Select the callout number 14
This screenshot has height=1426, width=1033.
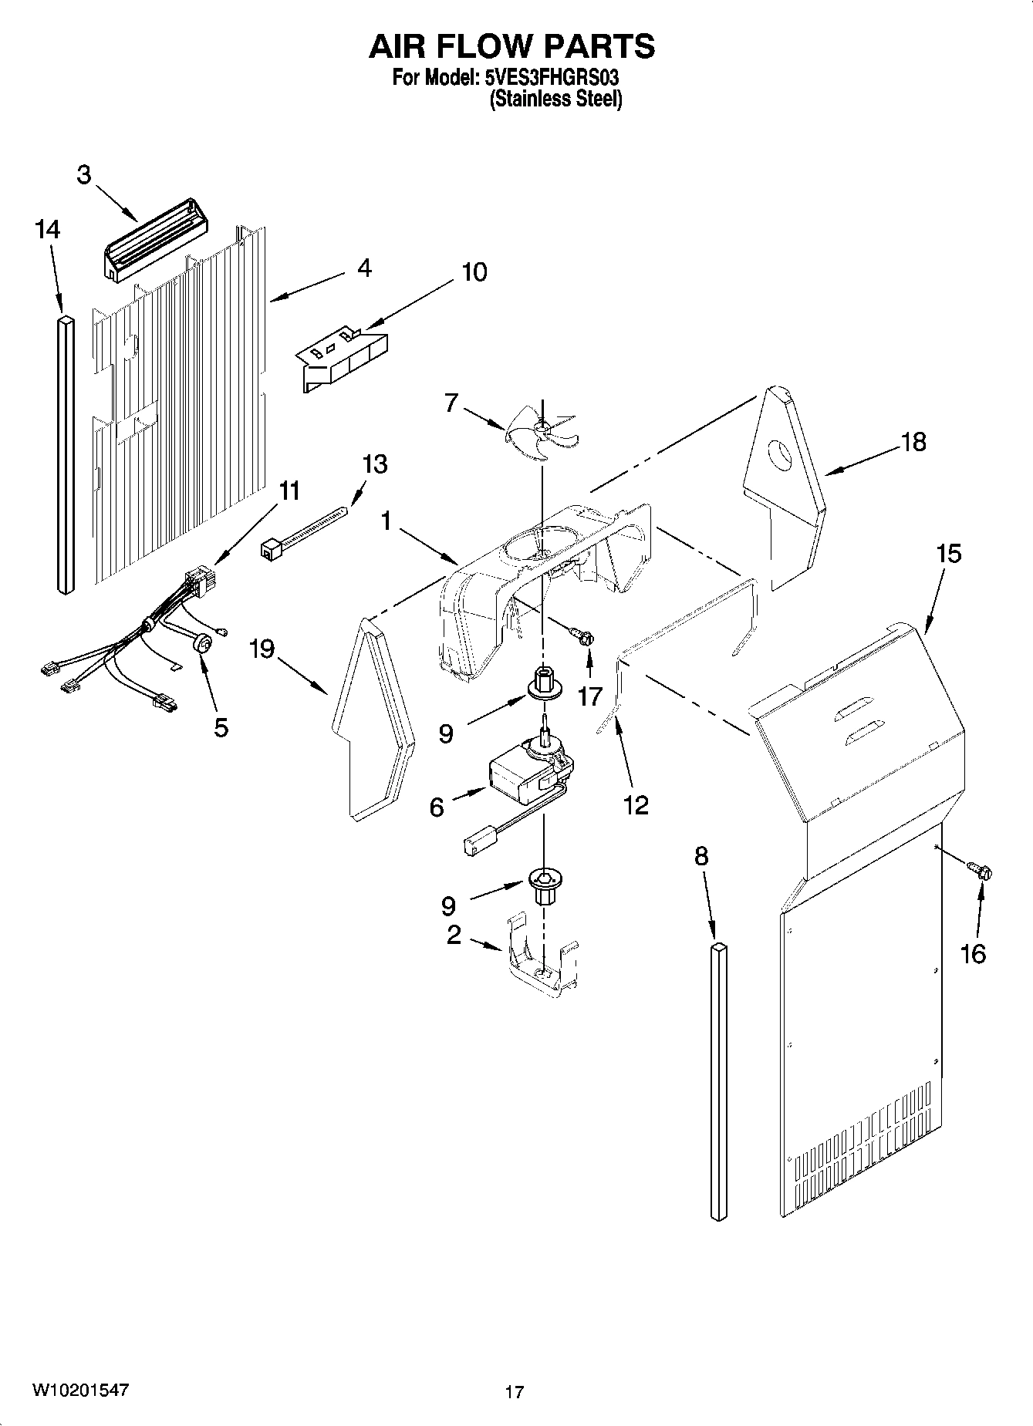point(47,230)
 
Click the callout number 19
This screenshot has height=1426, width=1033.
point(262,649)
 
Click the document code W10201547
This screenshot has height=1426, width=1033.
point(80,1390)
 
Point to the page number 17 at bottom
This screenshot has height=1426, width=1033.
point(515,1392)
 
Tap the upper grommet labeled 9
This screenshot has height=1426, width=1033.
point(543,682)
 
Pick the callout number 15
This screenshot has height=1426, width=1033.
point(949,554)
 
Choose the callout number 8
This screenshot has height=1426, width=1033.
point(700,857)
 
